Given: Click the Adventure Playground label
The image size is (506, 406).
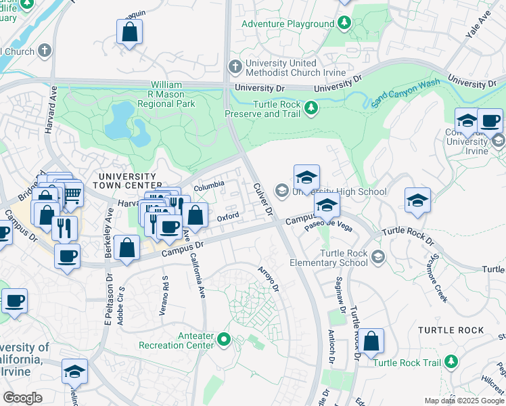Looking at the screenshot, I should (287, 24).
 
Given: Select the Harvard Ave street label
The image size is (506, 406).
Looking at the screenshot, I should (50, 109).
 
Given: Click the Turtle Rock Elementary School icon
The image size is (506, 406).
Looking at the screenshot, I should (377, 256).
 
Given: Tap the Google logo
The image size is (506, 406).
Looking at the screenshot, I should (22, 398).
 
